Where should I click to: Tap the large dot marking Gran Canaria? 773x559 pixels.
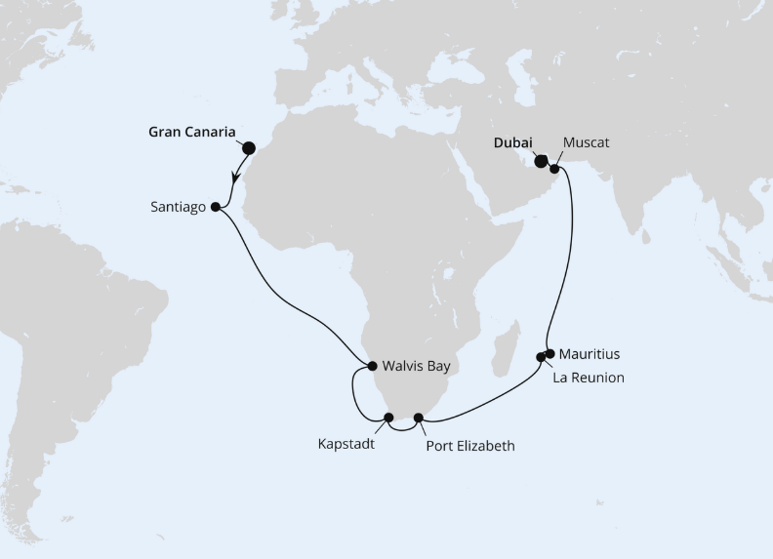[x=248, y=148]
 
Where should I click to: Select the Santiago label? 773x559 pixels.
[x=180, y=207]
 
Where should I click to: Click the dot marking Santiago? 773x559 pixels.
[x=216, y=207]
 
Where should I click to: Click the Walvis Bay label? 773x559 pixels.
[x=417, y=367]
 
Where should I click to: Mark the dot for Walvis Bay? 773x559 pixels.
[x=372, y=367]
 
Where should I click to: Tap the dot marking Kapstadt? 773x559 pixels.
[x=388, y=418]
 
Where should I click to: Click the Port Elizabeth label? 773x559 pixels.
[x=470, y=446]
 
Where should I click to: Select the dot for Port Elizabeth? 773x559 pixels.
[x=419, y=418]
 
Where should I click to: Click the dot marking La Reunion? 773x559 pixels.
[x=542, y=357]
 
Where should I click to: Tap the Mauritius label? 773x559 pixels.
[x=590, y=354]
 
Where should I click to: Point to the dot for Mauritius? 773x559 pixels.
[x=550, y=353]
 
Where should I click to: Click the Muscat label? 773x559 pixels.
[x=586, y=142]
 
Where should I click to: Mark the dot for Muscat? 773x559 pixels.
[x=554, y=169]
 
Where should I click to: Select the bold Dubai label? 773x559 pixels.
[x=513, y=142]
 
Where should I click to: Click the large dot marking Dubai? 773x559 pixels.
[x=541, y=162]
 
